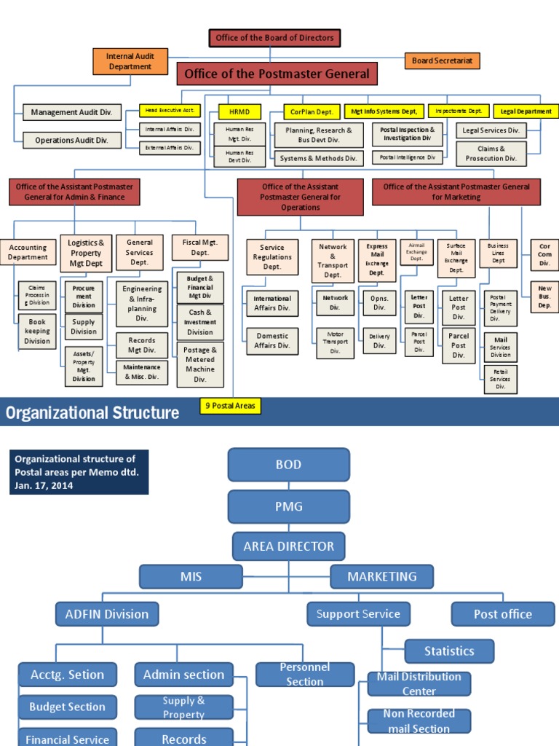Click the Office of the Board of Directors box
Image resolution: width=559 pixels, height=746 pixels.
[274, 37]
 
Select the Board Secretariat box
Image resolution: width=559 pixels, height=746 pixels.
[442, 60]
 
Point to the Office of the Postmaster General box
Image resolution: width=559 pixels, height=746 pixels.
[277, 74]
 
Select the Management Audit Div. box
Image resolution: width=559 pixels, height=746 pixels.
[71, 112]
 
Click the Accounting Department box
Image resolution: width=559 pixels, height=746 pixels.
[28, 252]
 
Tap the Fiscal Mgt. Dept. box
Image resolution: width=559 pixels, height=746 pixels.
[200, 248]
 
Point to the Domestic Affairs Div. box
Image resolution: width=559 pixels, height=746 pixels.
[272, 340]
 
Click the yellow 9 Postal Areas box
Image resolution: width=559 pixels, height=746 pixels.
[231, 406]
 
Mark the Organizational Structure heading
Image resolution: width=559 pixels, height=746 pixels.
[92, 413]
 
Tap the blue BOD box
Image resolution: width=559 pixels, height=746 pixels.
[288, 465]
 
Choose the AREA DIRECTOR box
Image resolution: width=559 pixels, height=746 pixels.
[288, 546]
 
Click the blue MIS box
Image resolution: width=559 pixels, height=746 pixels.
[191, 576]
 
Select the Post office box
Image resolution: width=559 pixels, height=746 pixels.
[502, 614]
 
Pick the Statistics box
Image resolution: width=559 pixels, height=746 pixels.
[449, 651]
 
